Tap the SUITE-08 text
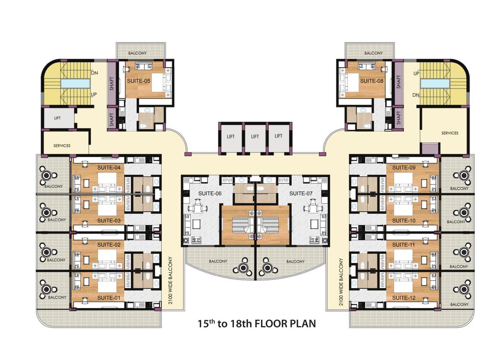click(371, 81)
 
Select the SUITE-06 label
click(210, 194)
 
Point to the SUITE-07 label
click(301, 194)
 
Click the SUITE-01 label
click(109, 298)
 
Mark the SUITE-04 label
click(109, 167)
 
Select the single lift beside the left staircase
click(58, 117)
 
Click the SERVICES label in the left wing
click(62, 146)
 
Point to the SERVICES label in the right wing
click(450, 133)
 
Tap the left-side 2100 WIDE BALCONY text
click(170, 280)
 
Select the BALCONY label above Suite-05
click(138, 53)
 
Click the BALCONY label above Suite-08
click(374, 53)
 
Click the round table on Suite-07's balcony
click(268, 267)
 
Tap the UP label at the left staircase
click(95, 94)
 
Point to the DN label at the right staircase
click(416, 95)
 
